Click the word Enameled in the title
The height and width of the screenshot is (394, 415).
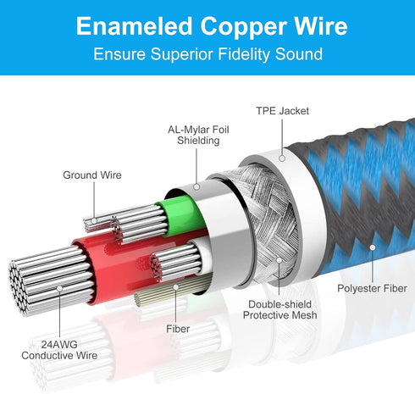(x=135, y=26)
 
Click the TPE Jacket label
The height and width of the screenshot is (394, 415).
(x=282, y=111)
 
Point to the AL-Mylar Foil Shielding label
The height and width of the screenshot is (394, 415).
(x=198, y=135)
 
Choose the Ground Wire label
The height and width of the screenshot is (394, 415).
(x=92, y=175)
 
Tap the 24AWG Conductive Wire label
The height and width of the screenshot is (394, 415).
(x=59, y=350)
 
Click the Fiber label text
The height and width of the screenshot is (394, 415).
(x=178, y=329)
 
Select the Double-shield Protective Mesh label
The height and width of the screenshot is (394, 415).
(x=279, y=309)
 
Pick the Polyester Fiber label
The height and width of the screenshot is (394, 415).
(x=372, y=288)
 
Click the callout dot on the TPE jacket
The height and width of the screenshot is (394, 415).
(x=282, y=158)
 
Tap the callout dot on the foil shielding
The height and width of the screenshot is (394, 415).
(x=196, y=186)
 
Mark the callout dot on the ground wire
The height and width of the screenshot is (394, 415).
(x=94, y=220)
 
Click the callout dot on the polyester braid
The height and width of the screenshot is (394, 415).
(x=373, y=247)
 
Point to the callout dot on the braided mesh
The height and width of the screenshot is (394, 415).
(x=279, y=260)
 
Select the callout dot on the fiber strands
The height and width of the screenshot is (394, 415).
(x=176, y=287)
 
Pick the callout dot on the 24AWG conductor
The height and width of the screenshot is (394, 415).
(x=59, y=288)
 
